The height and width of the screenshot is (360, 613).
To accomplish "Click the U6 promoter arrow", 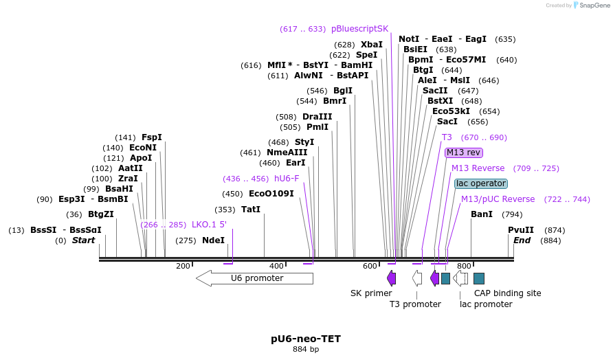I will pyautogui.click(x=254, y=278).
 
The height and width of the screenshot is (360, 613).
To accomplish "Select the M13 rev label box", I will pyautogui.click(x=464, y=153).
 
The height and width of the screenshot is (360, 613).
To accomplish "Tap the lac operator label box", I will pyautogui.click(x=481, y=183).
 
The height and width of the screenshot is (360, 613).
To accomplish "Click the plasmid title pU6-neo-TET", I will pyautogui.click(x=306, y=339).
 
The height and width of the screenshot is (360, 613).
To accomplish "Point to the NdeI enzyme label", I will pyautogui.click(x=213, y=240).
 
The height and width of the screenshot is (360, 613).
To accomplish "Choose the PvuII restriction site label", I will pyautogui.click(x=521, y=230).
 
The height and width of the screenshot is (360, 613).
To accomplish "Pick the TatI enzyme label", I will pyautogui.click(x=251, y=210).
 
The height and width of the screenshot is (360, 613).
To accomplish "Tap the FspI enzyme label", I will pyautogui.click(x=152, y=137).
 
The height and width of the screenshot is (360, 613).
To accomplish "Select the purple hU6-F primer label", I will pyautogui.click(x=287, y=179).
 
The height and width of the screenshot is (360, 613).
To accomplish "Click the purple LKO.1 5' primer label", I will pyautogui.click(x=209, y=225).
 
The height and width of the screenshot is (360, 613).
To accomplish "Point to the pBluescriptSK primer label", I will pyautogui.click(x=359, y=29).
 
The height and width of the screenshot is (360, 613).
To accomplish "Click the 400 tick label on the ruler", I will pyautogui.click(x=276, y=266).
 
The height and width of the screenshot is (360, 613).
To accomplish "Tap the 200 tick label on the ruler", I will pyautogui.click(x=183, y=266).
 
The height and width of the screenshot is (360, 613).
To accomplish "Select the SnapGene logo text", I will pyautogui.click(x=592, y=5).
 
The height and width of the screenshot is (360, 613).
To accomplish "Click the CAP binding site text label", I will pyautogui.click(x=508, y=293).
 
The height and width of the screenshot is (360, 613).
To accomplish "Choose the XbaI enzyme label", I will pyautogui.click(x=372, y=45).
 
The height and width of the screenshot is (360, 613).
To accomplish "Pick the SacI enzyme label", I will pyautogui.click(x=448, y=122).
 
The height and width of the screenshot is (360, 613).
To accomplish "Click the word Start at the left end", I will pyautogui.click(x=84, y=240).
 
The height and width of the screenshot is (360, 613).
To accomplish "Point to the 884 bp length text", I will pyautogui.click(x=306, y=350).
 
